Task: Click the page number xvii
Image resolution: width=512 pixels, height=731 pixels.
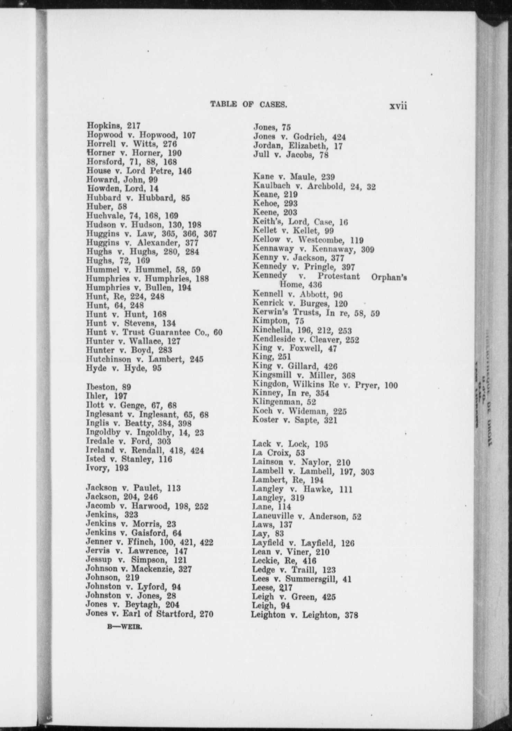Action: pyautogui.click(x=398, y=106)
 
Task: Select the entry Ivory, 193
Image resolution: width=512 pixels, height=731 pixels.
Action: pyautogui.click(x=107, y=468)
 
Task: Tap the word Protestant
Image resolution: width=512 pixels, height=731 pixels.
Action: pyautogui.click(x=339, y=277)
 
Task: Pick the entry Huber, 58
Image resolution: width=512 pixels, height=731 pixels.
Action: pyautogui.click(x=106, y=207)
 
